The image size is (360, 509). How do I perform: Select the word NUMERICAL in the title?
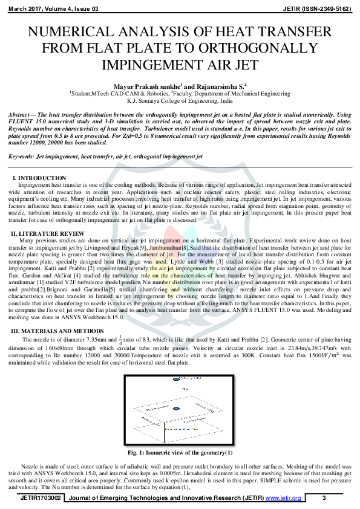click(x=83, y=32)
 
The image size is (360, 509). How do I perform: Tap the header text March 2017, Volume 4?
click(x=47, y=9)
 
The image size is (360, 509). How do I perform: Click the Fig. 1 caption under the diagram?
click(x=180, y=452)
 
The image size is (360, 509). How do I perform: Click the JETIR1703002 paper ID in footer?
click(x=41, y=498)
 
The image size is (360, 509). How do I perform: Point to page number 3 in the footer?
click(x=324, y=498)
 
